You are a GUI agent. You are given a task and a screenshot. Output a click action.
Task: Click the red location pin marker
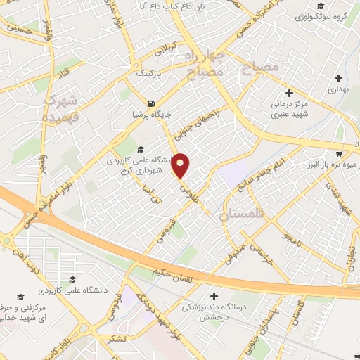tap(181, 166)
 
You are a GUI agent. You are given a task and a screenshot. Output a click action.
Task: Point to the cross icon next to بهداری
tap(339, 78)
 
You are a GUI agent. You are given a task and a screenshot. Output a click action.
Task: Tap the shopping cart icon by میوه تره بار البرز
tap(338, 154)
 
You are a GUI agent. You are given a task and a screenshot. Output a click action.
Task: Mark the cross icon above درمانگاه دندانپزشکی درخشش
tap(214, 295)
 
